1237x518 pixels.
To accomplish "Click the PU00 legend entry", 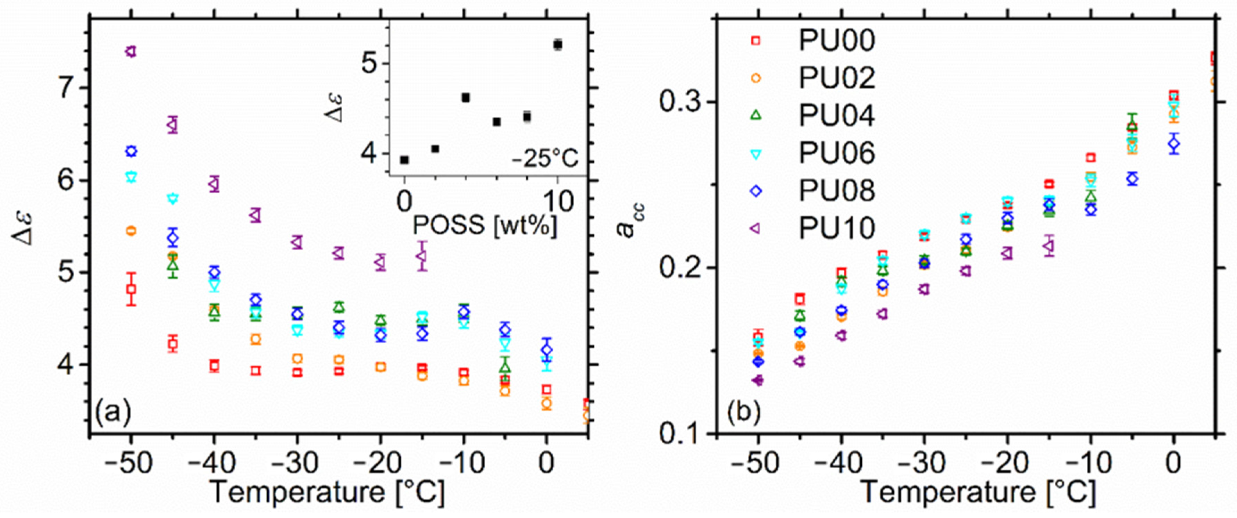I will (836, 41).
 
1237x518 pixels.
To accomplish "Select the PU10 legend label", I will (836, 228).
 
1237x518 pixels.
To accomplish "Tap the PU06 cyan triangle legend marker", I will (756, 153).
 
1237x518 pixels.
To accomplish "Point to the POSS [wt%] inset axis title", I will (485, 225).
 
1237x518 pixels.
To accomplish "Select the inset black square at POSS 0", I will (404, 160).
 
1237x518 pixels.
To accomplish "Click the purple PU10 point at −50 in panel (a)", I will (131, 51).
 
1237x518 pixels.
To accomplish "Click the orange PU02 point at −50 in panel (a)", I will (131, 231).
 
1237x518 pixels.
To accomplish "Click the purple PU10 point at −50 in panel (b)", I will (758, 380).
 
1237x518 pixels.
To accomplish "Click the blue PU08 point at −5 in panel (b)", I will (1132, 178).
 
